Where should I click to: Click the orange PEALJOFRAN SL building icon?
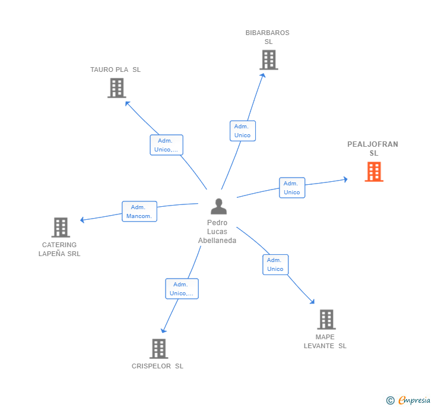374,172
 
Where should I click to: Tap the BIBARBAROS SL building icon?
268,60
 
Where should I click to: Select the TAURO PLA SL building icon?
117,88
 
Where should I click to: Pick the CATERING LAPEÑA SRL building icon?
61,227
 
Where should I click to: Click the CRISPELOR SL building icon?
158,348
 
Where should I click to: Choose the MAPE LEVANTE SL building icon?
326,319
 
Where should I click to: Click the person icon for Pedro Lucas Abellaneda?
218,207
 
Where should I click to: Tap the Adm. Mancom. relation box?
139,212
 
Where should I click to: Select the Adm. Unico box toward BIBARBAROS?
242,131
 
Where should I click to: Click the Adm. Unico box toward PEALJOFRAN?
292,188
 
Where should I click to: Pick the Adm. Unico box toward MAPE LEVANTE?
275,264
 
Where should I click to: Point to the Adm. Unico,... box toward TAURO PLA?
166,145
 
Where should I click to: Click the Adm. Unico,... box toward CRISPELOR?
182,289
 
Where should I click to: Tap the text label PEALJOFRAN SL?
373,149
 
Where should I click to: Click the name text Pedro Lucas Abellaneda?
217,232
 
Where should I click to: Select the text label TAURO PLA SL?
116,70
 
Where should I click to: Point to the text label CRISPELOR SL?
157,366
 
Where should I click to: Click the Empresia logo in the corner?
409,400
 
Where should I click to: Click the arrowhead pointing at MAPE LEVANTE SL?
312,301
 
